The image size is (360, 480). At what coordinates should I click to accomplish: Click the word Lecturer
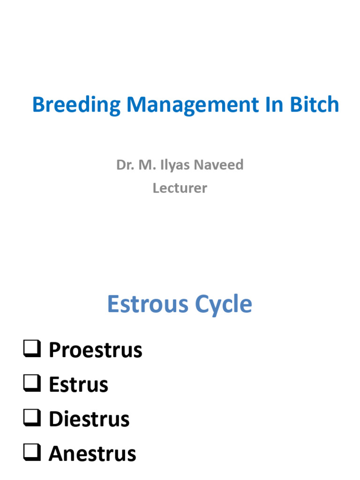180,188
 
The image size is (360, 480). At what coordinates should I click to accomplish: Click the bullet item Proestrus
95,350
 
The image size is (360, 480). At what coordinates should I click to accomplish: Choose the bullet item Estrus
78,385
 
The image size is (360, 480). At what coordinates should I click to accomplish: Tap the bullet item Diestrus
89,419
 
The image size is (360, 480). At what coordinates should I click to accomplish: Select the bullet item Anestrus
92,454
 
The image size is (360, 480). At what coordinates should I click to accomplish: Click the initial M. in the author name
147,165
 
